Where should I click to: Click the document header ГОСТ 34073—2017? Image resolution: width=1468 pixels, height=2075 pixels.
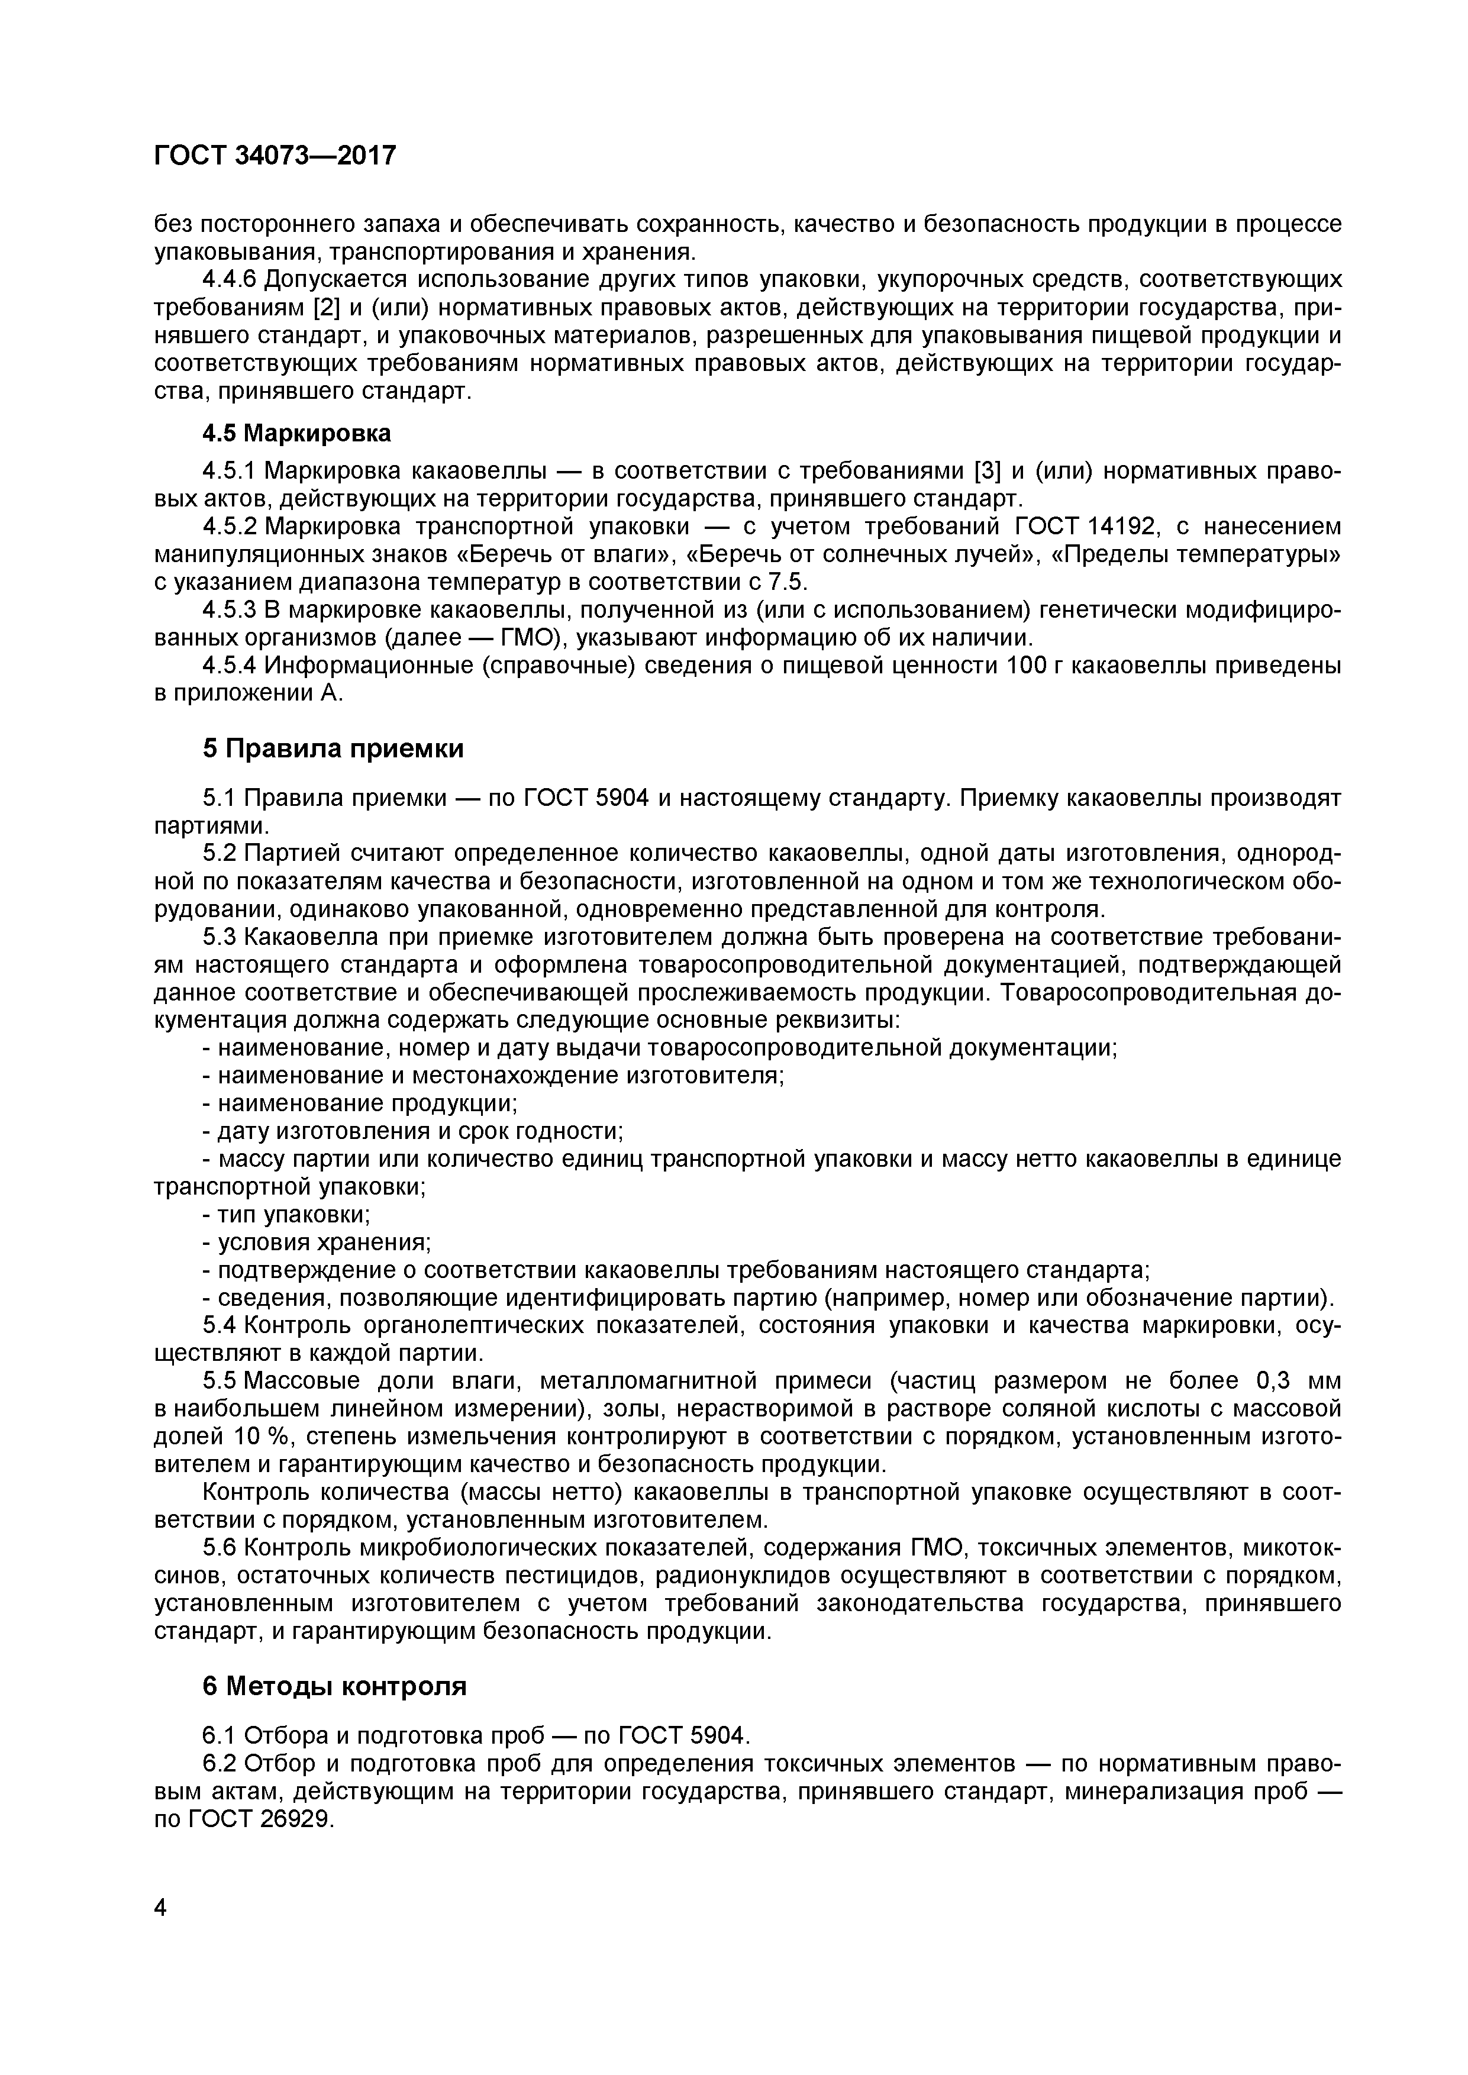[x=275, y=156]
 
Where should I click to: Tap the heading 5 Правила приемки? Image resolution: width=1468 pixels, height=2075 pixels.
[x=333, y=748]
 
